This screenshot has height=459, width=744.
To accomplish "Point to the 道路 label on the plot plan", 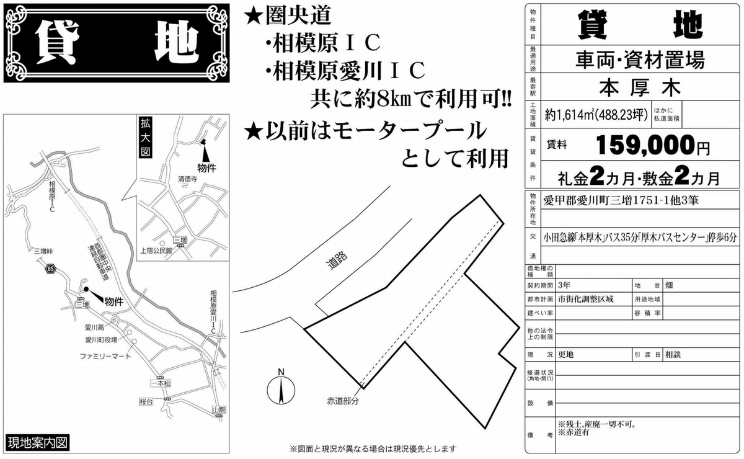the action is pos(337,260).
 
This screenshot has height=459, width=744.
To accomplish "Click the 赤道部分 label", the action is pos(343,401).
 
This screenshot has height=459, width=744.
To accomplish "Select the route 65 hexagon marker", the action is pos(51,269).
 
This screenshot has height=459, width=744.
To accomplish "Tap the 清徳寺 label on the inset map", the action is pos(188,179).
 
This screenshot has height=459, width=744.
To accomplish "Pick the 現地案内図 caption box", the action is pos(38,443).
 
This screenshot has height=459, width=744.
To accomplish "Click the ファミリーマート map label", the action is pos(105,357).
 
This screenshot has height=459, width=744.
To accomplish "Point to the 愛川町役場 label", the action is pos(101,340).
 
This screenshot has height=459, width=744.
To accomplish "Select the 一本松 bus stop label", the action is pos(161,383).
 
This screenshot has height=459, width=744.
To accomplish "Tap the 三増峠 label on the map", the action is pos(43,251).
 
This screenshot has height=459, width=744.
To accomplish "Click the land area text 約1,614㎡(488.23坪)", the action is pos(596,115).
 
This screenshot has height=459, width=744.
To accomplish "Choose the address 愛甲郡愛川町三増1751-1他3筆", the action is pos(621,200).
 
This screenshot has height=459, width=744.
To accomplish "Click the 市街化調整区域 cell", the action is pos(585,299).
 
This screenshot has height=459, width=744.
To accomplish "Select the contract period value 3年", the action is pos(564,285).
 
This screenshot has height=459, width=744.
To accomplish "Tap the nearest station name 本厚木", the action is pos(640,87).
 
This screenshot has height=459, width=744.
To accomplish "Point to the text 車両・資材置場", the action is pos(640,60).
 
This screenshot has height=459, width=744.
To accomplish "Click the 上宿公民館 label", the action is pos(156,250).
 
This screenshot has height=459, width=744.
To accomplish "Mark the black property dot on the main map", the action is pos(86,289).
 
